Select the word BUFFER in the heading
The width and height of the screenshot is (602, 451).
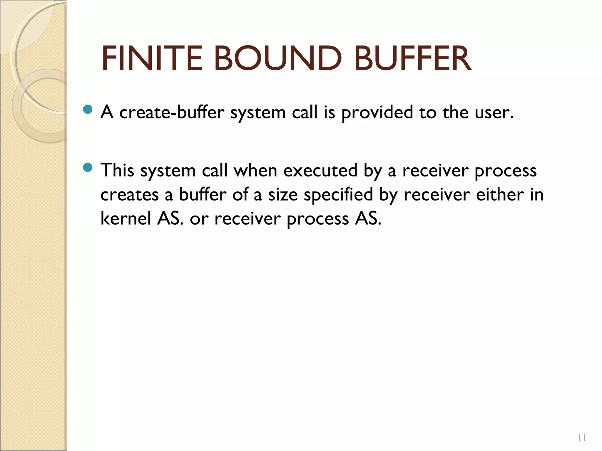(413, 58)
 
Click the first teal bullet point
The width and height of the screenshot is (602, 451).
(88, 110)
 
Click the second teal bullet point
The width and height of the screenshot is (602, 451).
(88, 168)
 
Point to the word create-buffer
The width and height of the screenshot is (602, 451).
(172, 112)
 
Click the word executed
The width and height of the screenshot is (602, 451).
(320, 170)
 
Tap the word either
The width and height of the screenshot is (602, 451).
(500, 194)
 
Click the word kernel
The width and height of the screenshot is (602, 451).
(126, 218)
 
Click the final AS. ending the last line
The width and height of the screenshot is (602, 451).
(368, 218)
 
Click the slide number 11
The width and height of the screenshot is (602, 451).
(582, 438)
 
